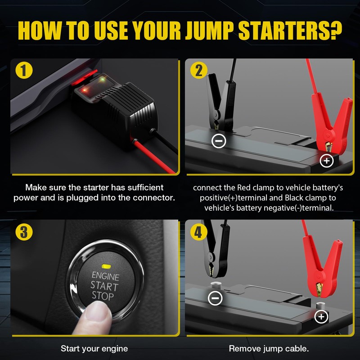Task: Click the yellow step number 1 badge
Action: pyautogui.click(x=24, y=70)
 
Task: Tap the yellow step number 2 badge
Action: pyautogui.click(x=199, y=70)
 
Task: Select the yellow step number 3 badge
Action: pyautogui.click(x=24, y=232)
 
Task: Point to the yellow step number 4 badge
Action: pyautogui.click(x=199, y=232)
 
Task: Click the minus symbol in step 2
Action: pyautogui.click(x=219, y=141)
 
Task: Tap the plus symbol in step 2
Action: pyautogui.click(x=327, y=161)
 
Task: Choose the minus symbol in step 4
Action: pyautogui.click(x=215, y=298)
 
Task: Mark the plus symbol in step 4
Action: pyautogui.click(x=321, y=317)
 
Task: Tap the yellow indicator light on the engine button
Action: pyautogui.click(x=106, y=266)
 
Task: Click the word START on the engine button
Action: pyautogui.click(x=104, y=286)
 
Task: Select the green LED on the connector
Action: pyautogui.click(x=103, y=80)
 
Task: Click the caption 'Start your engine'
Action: pyautogui.click(x=94, y=348)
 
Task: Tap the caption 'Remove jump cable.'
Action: pyautogui.click(x=269, y=348)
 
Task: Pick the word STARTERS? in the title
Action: pyautogui.click(x=290, y=31)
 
